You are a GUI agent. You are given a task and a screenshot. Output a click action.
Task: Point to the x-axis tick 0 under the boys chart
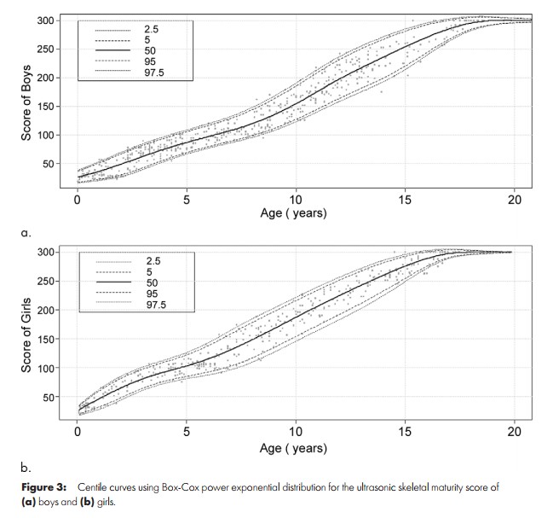[x=78, y=200]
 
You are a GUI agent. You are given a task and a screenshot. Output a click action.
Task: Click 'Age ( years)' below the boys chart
[x=296, y=214]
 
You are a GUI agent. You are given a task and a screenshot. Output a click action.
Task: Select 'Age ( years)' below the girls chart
[x=296, y=446]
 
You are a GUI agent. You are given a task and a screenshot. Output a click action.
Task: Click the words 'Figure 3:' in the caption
[x=43, y=486]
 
